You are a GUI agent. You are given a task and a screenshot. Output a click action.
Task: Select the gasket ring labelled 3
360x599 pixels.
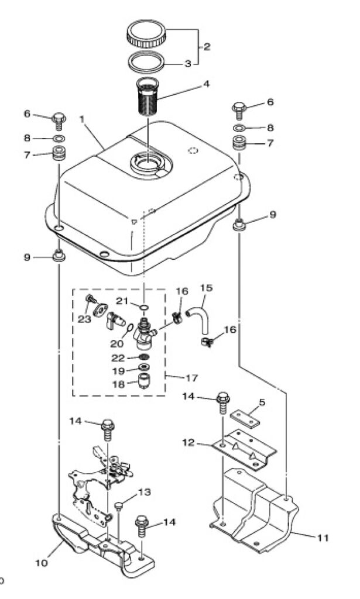pos(146,61)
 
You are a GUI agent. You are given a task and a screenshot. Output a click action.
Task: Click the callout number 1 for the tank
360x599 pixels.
pos(81,119)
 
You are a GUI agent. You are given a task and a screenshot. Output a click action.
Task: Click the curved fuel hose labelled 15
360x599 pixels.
pos(200,320)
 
